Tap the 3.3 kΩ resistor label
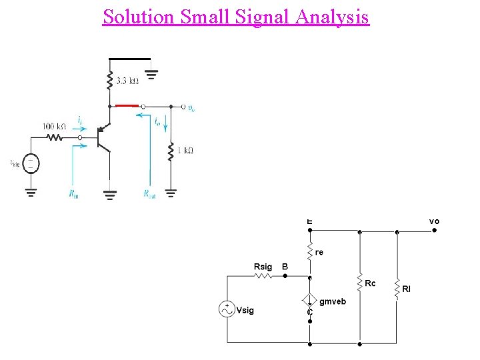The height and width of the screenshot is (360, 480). click(128, 81)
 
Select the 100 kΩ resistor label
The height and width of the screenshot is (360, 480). click(55, 126)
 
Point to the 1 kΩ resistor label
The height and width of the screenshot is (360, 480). click(184, 150)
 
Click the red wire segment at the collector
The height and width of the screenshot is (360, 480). click(126, 105)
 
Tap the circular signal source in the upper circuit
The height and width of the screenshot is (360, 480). click(31, 163)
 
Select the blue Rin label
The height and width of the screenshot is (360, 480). click(73, 194)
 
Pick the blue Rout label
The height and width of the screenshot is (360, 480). click(149, 194)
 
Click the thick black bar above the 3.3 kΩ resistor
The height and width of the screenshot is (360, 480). click(129, 57)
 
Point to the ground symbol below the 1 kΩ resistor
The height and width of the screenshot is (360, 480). click(171, 193)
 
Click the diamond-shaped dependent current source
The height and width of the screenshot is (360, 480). click(309, 301)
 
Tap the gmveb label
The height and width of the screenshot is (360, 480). click(333, 301)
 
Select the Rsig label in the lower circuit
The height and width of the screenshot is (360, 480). click(263, 267)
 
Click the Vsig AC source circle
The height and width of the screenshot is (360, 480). click(227, 309)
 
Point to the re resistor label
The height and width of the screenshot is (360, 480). click(319, 253)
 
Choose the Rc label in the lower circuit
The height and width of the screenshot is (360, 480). click(370, 283)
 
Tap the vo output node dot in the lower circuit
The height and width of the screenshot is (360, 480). click(434, 231)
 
